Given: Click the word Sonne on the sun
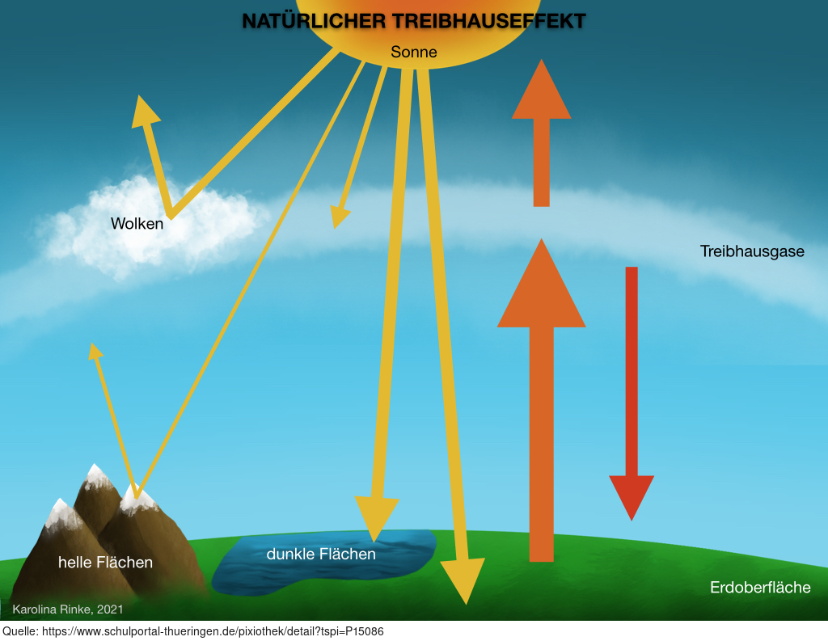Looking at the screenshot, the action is [413, 52].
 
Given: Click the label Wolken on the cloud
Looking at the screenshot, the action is [137, 223].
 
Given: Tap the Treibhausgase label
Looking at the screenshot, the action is [752, 251].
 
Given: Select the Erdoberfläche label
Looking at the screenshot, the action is [760, 587].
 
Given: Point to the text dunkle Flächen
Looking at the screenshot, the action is [321, 554].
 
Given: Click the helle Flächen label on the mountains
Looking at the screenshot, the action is [105, 563].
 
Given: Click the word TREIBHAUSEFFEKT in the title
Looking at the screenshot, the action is [488, 21].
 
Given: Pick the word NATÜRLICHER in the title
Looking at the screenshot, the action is [314, 21].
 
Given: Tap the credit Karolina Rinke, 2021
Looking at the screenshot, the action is [68, 609].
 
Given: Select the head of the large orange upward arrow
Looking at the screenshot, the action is [541, 284].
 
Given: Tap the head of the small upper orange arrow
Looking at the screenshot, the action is [541, 89].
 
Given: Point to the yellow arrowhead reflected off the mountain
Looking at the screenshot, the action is [95, 351].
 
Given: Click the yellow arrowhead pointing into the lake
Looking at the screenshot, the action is [376, 518].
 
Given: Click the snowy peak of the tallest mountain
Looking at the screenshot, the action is [95, 474].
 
